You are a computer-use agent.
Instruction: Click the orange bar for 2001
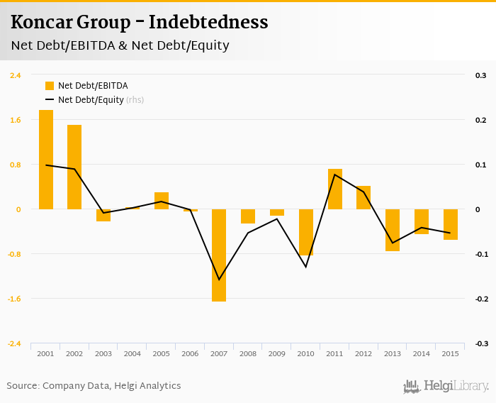click(46, 160)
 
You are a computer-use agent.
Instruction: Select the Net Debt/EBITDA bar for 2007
click(219, 255)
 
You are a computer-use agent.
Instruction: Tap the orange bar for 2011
click(335, 189)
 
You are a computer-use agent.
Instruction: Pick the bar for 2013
click(393, 230)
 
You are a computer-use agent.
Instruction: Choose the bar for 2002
click(74, 167)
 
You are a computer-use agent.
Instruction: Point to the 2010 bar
click(306, 232)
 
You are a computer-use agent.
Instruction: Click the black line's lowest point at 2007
click(219, 280)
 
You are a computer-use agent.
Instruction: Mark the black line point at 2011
click(335, 175)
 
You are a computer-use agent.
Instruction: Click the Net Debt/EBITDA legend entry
click(86, 86)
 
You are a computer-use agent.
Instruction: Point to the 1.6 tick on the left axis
click(15, 120)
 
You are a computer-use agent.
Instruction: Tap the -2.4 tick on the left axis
click(14, 343)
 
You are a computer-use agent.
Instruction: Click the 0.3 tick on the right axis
click(480, 75)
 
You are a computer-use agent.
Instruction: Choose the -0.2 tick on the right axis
click(480, 299)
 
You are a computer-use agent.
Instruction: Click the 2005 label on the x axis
click(161, 353)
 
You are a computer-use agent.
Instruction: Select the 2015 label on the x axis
click(451, 353)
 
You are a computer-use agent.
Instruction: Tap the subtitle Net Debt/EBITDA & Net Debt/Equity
click(120, 46)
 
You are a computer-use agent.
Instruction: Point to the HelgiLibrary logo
click(446, 387)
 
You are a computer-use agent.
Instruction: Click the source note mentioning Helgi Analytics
click(94, 386)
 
